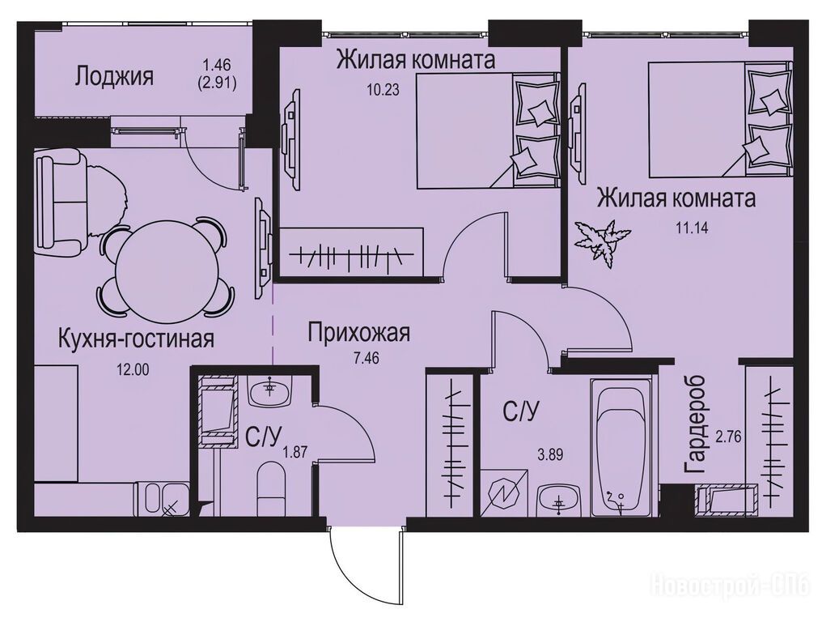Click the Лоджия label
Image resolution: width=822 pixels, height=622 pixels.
(114, 77)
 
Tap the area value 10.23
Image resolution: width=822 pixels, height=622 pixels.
(383, 90)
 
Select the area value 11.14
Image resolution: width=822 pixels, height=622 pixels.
(689, 228)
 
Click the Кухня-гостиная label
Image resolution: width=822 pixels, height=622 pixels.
(136, 339)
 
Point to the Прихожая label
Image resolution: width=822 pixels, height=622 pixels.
(358, 333)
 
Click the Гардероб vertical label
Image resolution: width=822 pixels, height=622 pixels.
(694, 426)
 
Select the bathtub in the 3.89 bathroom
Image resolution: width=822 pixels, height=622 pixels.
(621, 447)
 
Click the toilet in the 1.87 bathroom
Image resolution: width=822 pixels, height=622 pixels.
(272, 488)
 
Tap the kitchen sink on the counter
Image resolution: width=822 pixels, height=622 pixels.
(161, 498)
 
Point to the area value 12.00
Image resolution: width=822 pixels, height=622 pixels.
(133, 369)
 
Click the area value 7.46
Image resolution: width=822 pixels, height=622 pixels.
(367, 358)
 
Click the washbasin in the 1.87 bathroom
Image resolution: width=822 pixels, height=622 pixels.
(269, 391)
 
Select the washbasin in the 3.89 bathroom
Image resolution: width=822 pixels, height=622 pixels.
(558, 500)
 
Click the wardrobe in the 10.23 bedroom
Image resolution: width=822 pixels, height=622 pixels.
(350, 250)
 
